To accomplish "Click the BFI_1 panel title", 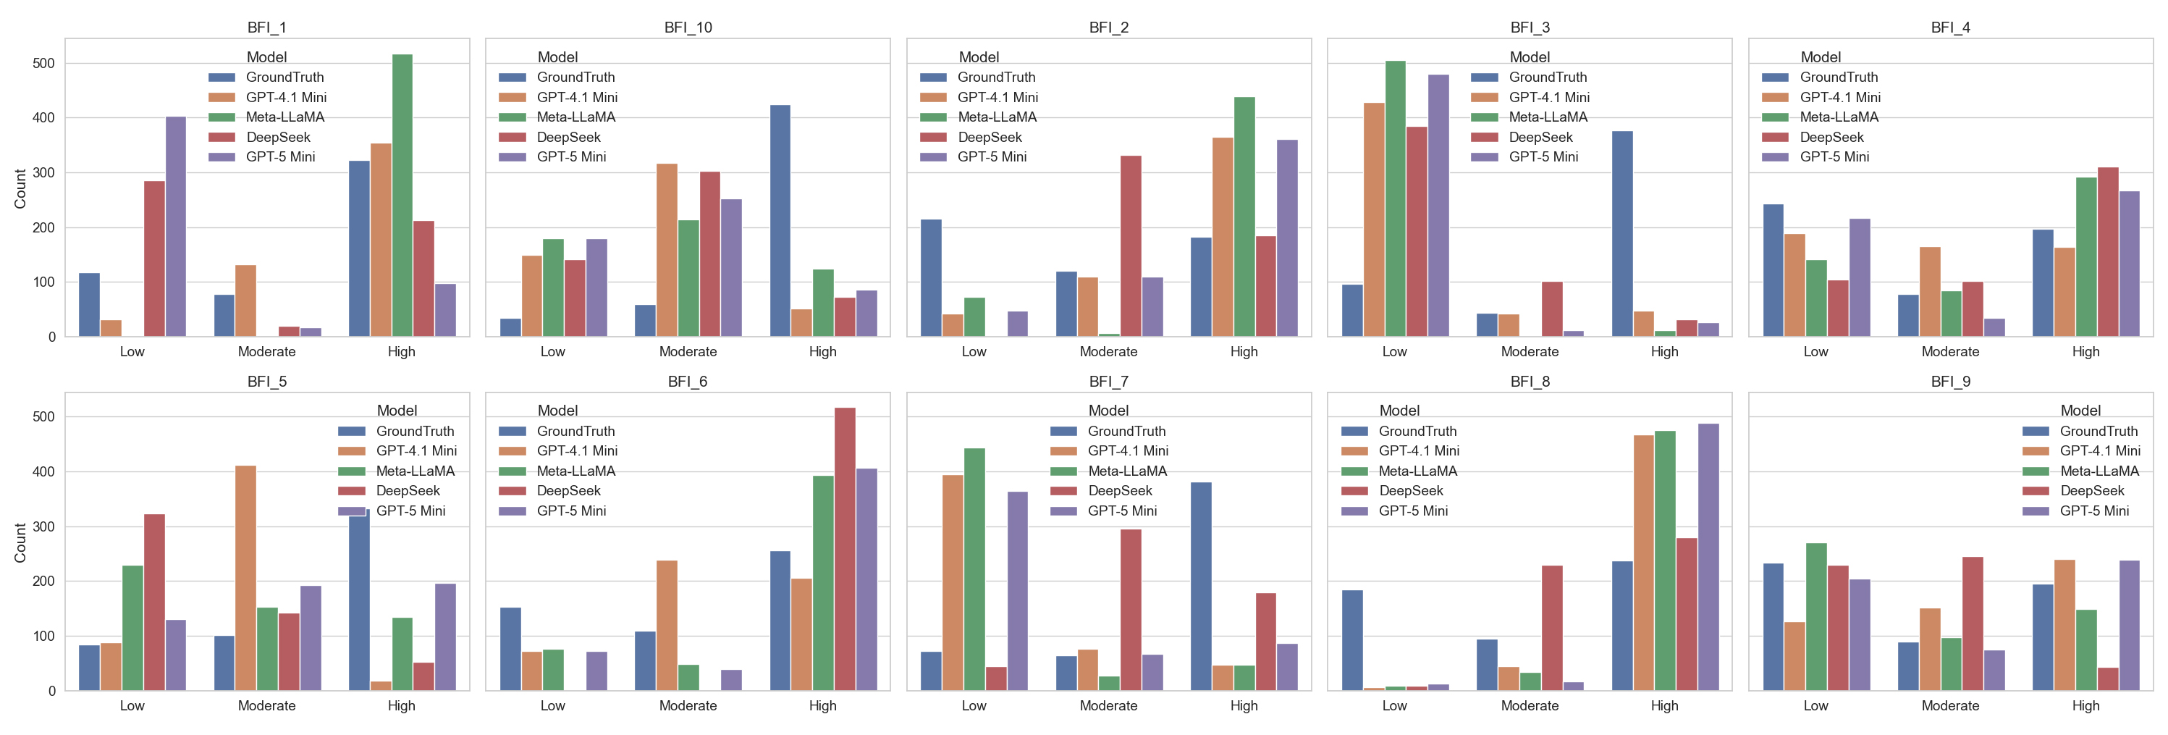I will click(x=267, y=28).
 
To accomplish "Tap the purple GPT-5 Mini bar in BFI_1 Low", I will click(x=176, y=227).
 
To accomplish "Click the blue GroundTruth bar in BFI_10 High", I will click(x=780, y=221).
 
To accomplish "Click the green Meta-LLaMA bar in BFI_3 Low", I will click(x=1395, y=198).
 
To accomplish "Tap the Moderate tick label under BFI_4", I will click(x=1950, y=352).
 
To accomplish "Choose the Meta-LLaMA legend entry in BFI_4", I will click(x=1839, y=117).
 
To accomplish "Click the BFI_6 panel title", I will click(x=688, y=382).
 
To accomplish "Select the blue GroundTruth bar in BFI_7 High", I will click(x=1201, y=586).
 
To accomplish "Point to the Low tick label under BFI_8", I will click(x=1395, y=705).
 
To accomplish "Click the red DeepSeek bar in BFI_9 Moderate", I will click(x=1972, y=623).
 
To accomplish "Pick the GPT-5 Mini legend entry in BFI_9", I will click(x=2094, y=511).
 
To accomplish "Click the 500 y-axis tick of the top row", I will click(x=43, y=63).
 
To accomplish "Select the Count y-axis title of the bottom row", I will click(x=20, y=542).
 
